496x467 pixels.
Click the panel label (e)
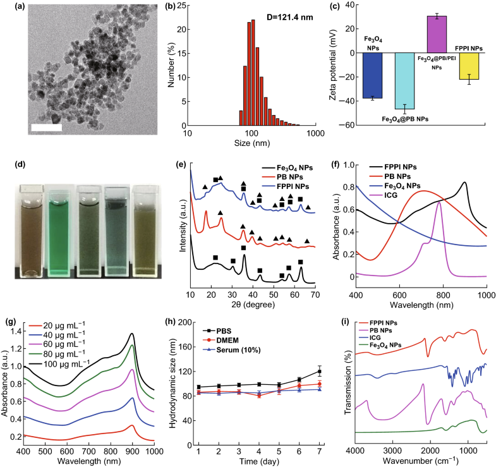click(181, 166)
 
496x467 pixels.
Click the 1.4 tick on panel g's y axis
click(13, 331)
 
